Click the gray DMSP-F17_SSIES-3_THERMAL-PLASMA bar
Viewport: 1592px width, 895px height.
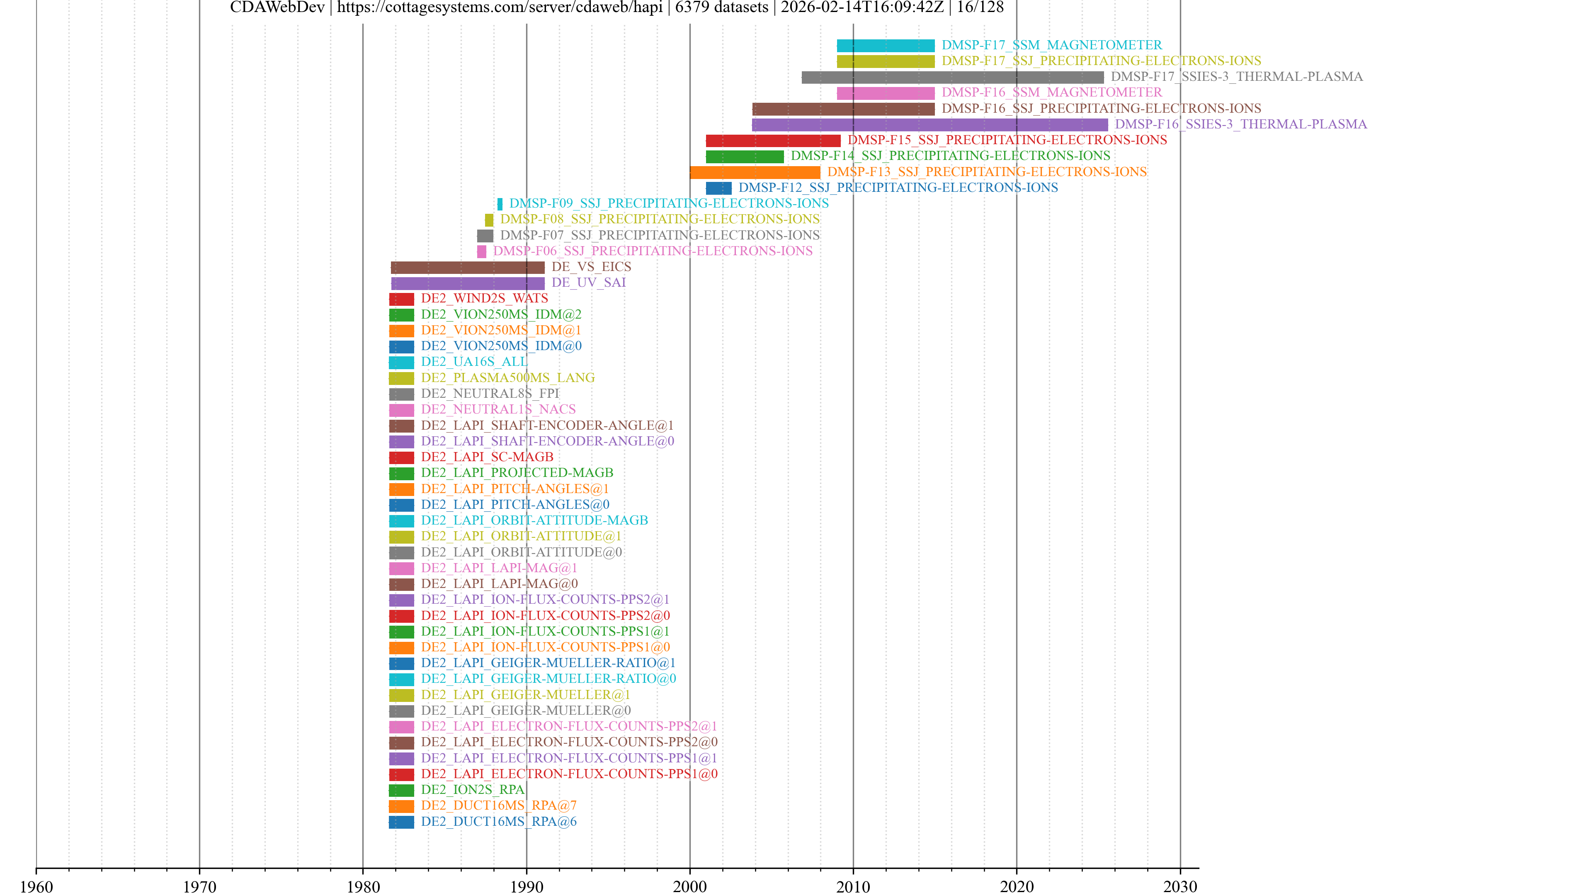click(952, 77)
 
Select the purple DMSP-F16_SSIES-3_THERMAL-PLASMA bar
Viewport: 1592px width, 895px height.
click(929, 124)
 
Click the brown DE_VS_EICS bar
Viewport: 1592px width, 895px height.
click(467, 267)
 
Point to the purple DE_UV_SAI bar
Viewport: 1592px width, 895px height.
click(467, 283)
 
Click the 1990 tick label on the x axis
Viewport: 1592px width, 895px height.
click(526, 886)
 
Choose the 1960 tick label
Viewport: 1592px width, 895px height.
click(36, 886)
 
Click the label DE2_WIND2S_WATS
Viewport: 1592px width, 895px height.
click(484, 298)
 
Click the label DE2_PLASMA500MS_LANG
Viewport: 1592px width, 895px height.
click(507, 377)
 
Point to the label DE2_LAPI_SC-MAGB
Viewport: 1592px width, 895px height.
click(487, 457)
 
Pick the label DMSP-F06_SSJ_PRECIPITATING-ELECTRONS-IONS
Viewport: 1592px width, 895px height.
click(652, 251)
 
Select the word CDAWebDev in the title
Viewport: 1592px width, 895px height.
click(277, 7)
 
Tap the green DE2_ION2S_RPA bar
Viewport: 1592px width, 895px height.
click(401, 790)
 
